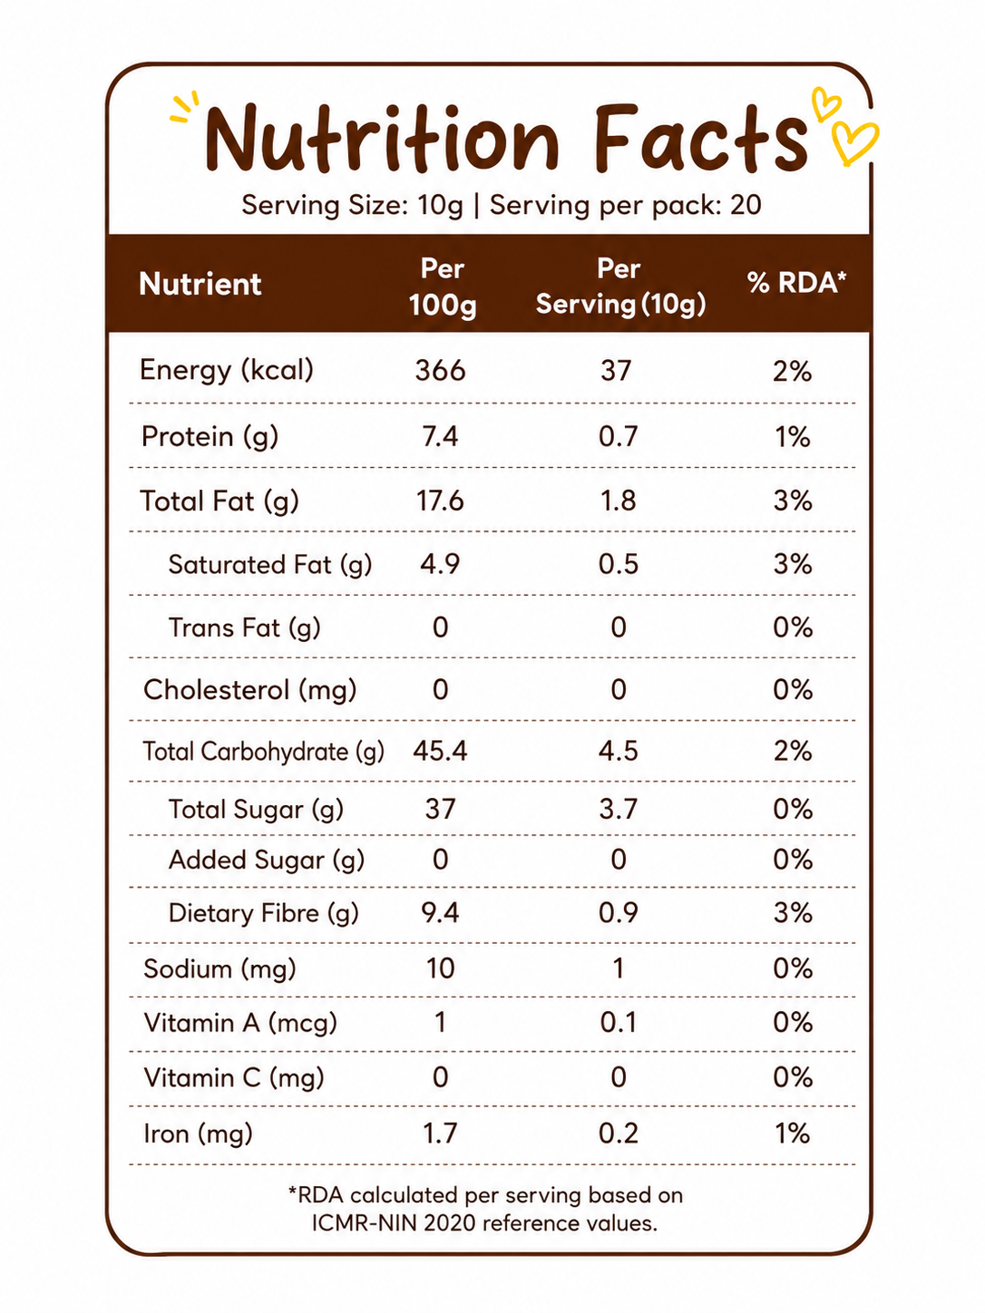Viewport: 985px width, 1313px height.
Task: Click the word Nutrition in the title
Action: pos(383,139)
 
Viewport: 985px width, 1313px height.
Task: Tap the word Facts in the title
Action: pos(700,138)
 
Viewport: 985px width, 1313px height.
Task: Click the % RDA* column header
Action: pos(796,282)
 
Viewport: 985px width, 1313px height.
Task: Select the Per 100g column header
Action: pos(443,287)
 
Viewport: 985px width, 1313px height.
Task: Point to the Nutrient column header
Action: pos(200,284)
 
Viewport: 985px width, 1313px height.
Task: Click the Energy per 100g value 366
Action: pos(440,370)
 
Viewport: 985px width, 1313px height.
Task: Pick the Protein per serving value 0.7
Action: pos(619,436)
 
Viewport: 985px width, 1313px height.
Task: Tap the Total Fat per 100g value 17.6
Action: pos(440,500)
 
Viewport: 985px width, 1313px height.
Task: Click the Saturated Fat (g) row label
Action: pos(270,565)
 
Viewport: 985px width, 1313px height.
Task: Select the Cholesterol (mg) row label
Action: pos(250,690)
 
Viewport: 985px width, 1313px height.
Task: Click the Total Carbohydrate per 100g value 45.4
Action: pos(440,751)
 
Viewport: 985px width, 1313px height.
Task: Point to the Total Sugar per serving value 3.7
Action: pos(619,809)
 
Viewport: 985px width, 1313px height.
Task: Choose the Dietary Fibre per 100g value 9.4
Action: pos(440,913)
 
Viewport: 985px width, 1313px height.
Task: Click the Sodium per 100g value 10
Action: pos(440,968)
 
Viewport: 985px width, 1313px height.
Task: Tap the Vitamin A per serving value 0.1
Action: pos(619,1022)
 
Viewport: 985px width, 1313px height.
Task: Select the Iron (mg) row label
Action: pos(198,1133)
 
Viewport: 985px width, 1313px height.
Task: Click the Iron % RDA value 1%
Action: pos(793,1133)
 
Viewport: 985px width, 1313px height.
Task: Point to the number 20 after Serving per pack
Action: pos(746,205)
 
